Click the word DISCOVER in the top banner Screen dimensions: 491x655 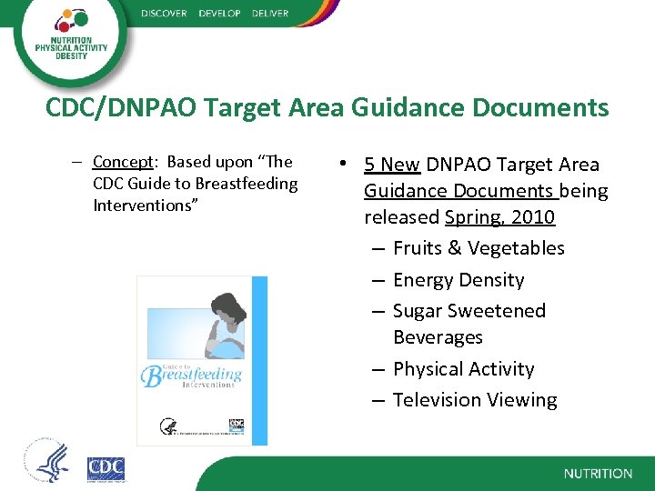pos(164,14)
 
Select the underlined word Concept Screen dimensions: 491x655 pos(125,162)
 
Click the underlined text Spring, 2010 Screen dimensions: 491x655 pos(499,217)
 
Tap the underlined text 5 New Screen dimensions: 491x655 pos(391,165)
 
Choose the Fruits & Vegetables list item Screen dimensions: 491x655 pos(478,248)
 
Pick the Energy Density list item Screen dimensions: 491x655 pos(458,280)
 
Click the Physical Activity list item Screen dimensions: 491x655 pos(463,369)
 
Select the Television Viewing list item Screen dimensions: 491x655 pos(474,400)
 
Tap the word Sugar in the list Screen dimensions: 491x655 pos(419,311)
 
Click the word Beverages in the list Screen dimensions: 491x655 pos(438,337)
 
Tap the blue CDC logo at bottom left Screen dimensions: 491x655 pos(106,469)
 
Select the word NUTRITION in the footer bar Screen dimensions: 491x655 pos(598,474)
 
